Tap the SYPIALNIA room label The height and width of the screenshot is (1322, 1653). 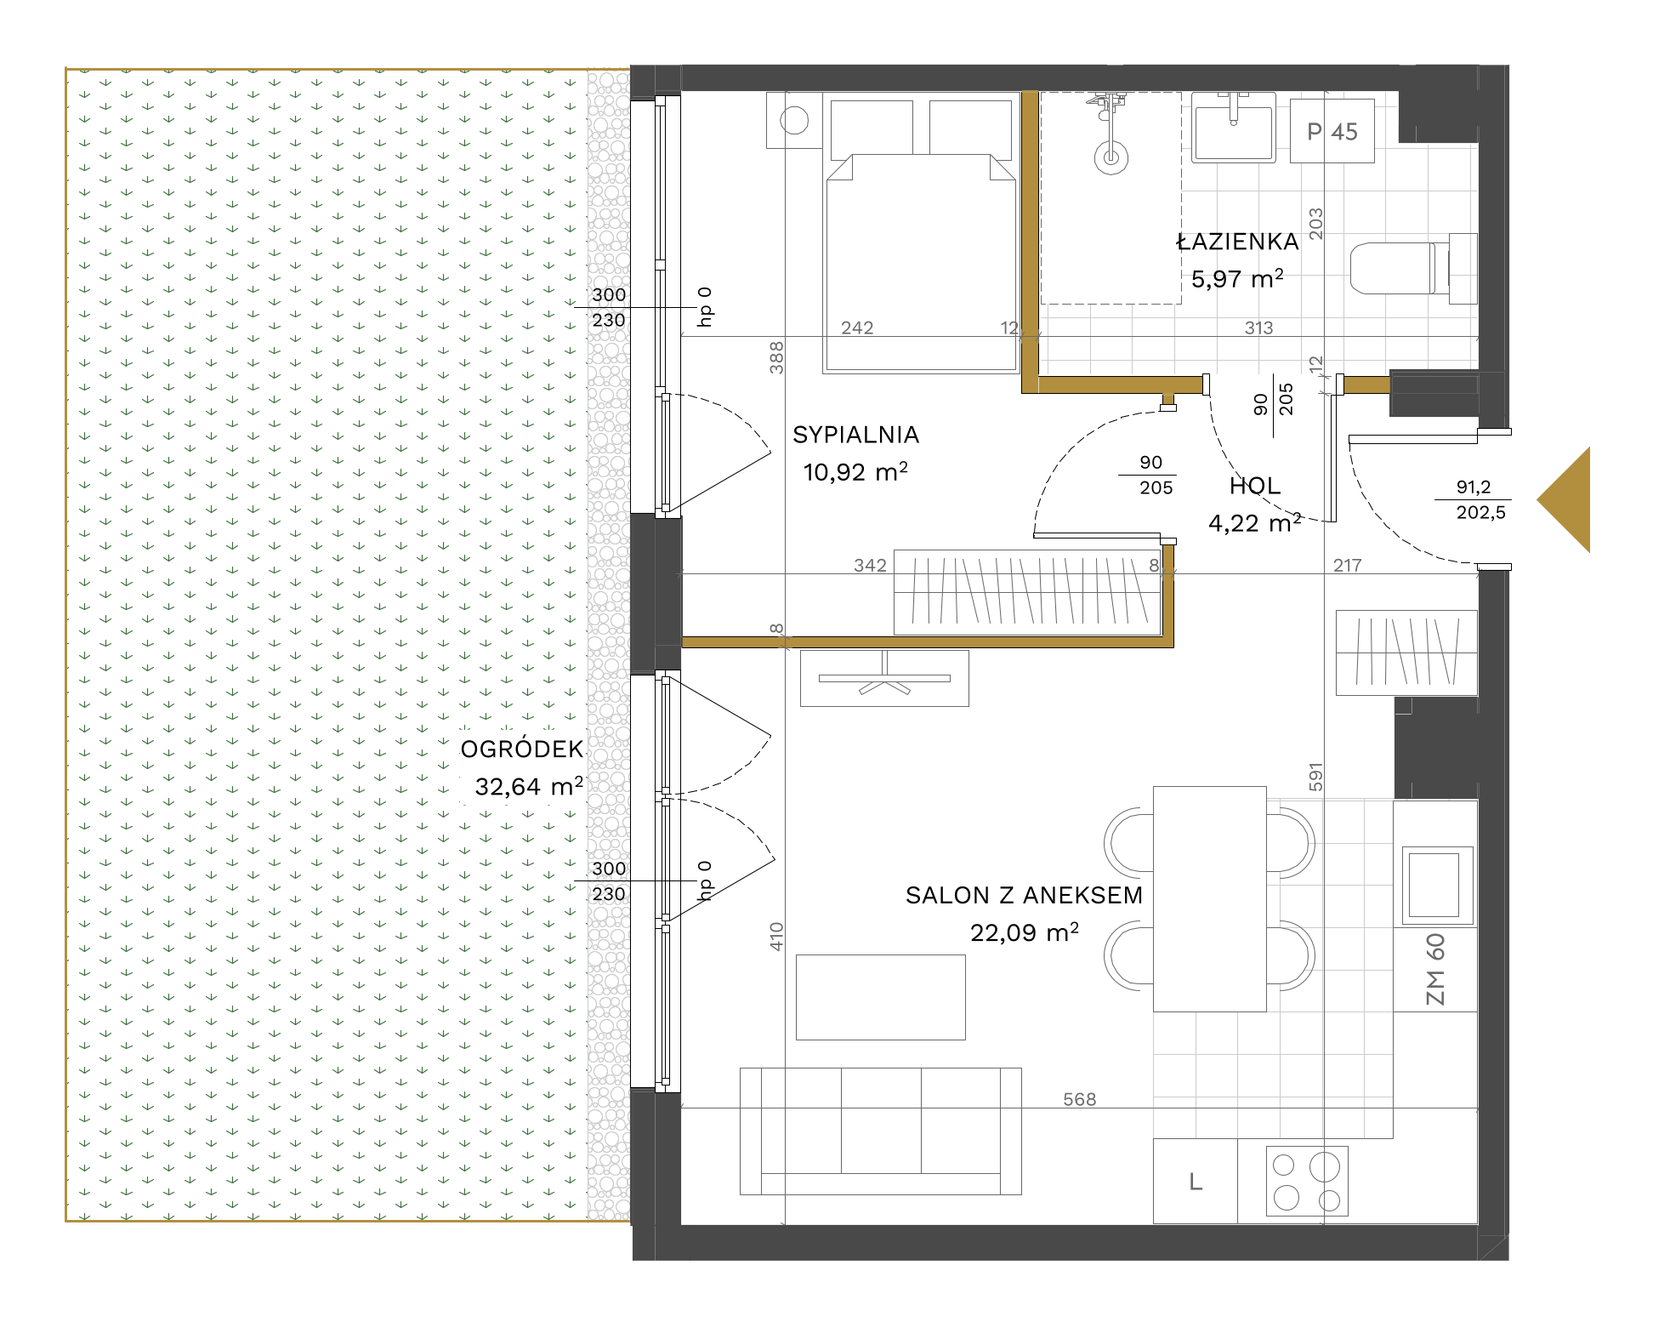[855, 435]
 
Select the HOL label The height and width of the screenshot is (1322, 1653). [1255, 487]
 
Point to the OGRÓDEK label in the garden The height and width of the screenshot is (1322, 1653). [522, 749]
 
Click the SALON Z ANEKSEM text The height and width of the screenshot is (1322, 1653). [1024, 895]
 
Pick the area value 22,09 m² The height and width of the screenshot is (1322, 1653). [1025, 932]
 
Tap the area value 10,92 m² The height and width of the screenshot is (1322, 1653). [855, 471]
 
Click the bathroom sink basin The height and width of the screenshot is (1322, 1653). [1233, 128]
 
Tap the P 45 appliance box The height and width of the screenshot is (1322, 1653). [1332, 131]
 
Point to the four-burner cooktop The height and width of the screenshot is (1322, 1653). [1307, 1180]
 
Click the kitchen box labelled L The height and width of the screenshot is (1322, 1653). [1196, 1181]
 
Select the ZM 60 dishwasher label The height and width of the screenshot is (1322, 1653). [1434, 969]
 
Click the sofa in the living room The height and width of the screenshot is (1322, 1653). [880, 1131]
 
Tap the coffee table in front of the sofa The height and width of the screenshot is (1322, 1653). [880, 997]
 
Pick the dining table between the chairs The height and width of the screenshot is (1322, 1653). [1209, 899]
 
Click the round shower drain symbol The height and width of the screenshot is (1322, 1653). [1111, 157]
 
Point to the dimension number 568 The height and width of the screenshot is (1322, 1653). [1079, 1099]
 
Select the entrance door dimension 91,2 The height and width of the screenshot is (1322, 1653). [1474, 487]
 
